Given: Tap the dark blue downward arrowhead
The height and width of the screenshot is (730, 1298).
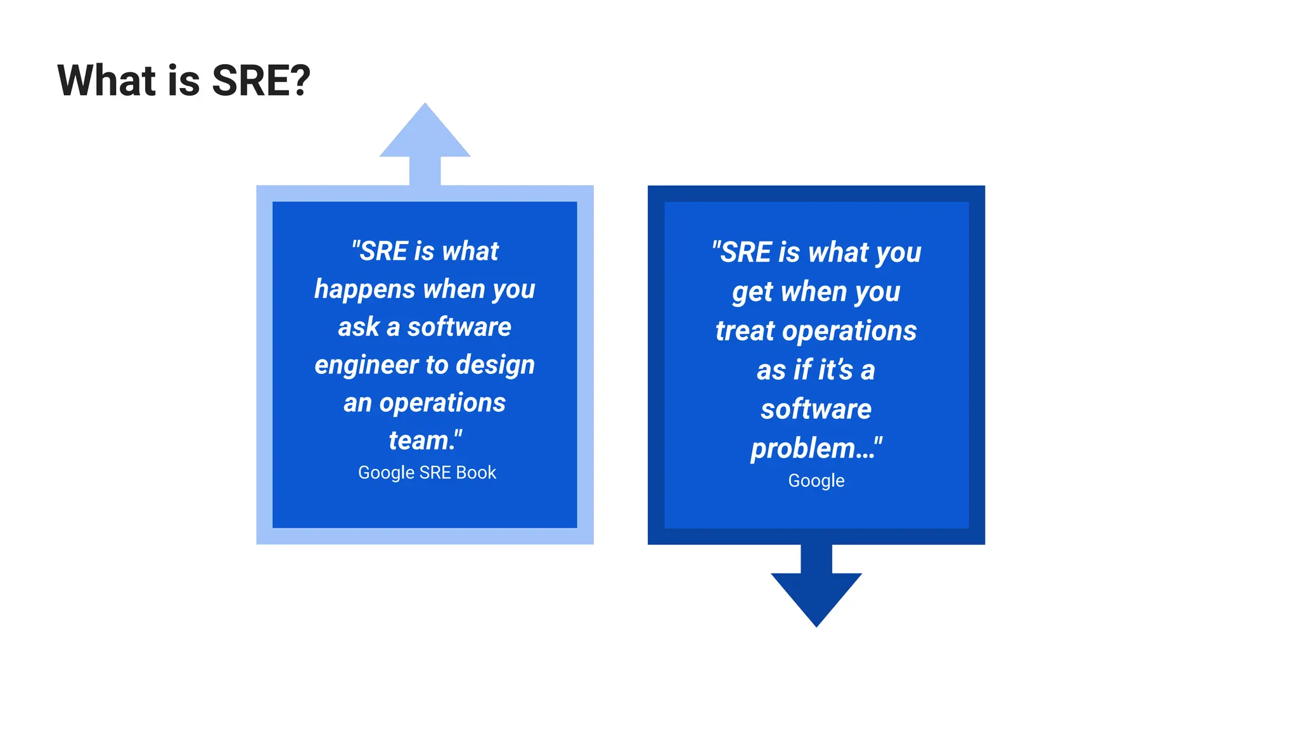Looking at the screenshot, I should [816, 596].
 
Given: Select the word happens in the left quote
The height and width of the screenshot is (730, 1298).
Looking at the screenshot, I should [365, 290].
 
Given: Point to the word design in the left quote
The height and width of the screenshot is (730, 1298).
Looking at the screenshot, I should [495, 366].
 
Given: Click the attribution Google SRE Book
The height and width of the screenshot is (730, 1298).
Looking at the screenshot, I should [427, 473].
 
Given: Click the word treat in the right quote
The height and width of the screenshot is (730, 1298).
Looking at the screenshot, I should [745, 331].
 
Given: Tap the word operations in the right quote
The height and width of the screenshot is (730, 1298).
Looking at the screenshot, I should [849, 331].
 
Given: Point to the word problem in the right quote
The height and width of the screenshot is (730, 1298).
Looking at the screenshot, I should [803, 449].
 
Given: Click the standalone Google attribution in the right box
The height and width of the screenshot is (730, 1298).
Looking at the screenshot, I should [816, 481].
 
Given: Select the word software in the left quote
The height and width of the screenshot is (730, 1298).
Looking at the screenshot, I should [459, 328].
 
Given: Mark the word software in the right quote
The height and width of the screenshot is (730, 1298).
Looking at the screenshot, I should [816, 409].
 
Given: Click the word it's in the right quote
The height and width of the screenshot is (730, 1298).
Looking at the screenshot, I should [835, 370].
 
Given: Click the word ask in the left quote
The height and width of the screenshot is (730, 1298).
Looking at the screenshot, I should [358, 328].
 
